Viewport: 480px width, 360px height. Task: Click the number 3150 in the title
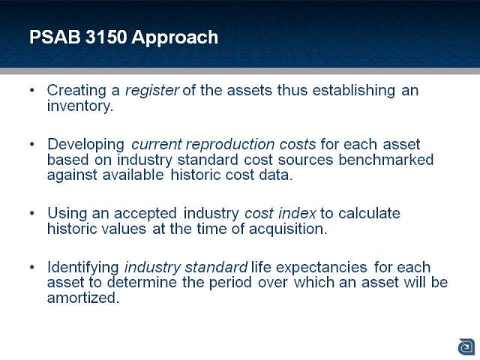(x=106, y=37)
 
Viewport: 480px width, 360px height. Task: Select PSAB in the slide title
(x=55, y=37)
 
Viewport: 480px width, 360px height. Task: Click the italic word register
(x=151, y=91)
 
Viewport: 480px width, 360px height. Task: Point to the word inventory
(x=80, y=106)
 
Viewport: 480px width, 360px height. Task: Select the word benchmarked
(x=386, y=160)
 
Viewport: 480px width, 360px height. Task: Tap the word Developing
(x=86, y=145)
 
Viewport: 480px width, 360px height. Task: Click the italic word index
(x=297, y=213)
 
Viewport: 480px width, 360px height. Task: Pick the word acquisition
(x=288, y=229)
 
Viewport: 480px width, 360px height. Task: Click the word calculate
(x=369, y=213)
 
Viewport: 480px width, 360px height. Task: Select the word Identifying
(x=83, y=268)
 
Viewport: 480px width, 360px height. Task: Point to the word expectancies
(x=322, y=268)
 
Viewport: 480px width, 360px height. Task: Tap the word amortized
(x=83, y=298)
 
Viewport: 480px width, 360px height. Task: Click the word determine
(x=142, y=282)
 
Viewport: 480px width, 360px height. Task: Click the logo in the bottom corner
(x=466, y=347)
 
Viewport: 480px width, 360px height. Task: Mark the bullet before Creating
(x=32, y=90)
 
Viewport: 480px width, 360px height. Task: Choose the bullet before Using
(x=32, y=213)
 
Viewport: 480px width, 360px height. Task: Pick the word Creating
(x=76, y=91)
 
